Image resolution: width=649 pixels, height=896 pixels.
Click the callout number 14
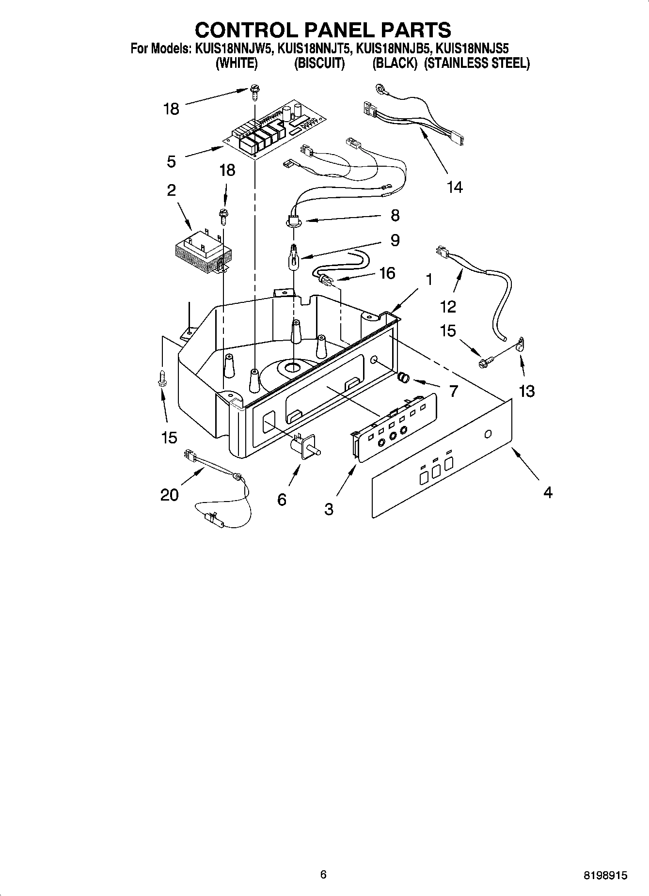click(x=455, y=187)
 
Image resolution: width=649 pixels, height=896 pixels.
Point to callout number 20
click(x=169, y=495)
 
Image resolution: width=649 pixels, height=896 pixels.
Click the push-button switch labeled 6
click(x=304, y=447)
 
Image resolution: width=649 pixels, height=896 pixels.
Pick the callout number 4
click(x=548, y=492)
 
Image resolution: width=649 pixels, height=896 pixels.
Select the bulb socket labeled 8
click(x=293, y=221)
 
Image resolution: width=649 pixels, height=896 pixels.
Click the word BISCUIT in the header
click(x=319, y=63)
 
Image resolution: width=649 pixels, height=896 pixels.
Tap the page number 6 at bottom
click(x=323, y=874)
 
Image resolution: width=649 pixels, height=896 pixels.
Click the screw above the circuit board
click(x=254, y=90)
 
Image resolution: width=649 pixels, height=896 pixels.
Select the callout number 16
click(x=387, y=273)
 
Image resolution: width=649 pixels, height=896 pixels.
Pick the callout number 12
click(x=448, y=306)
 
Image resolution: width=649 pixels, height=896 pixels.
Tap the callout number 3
click(x=329, y=509)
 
